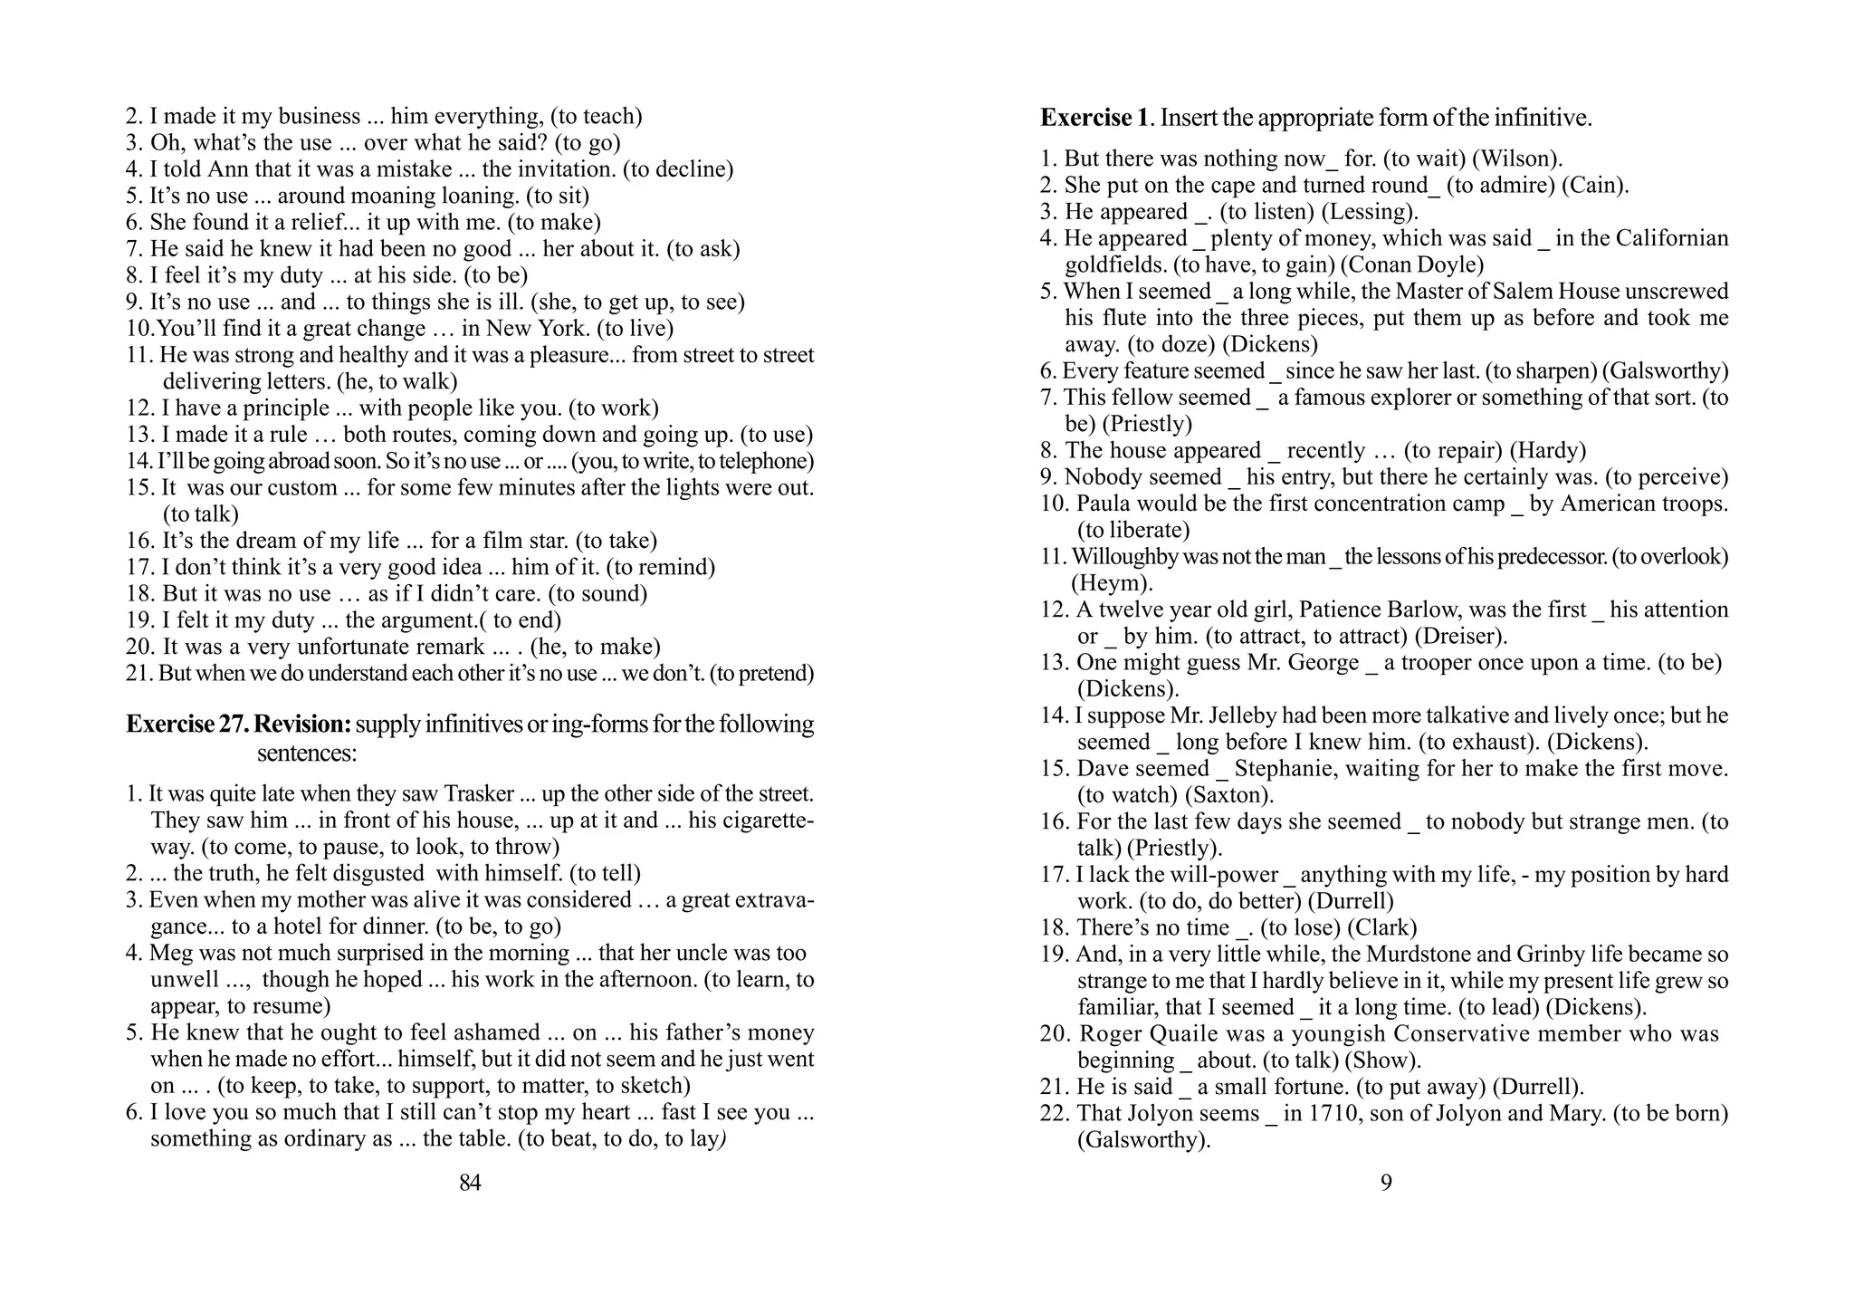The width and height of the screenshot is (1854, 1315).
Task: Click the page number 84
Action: [x=470, y=1182]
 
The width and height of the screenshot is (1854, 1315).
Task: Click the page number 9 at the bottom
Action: [x=1386, y=1182]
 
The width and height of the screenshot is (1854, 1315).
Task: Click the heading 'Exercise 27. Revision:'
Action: [x=239, y=725]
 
